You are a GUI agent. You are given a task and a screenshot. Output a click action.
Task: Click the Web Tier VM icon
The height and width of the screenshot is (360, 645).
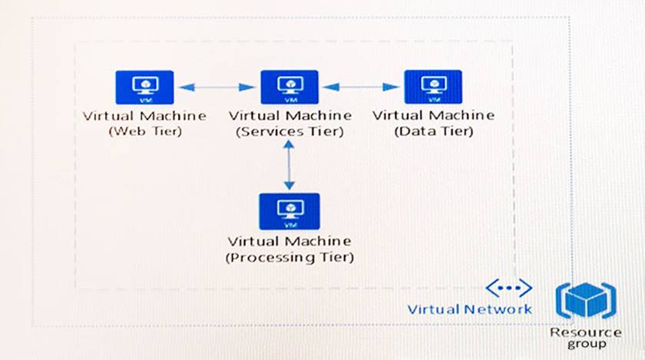tap(144, 88)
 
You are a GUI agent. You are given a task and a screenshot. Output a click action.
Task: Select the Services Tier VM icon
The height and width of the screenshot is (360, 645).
tap(289, 87)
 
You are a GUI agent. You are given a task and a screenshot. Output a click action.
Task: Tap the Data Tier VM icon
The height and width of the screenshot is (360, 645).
tap(433, 87)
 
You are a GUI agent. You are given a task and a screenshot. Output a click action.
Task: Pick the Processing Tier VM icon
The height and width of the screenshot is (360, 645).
tap(289, 211)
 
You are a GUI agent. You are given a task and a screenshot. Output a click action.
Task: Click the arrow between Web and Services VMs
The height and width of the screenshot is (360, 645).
tap(217, 88)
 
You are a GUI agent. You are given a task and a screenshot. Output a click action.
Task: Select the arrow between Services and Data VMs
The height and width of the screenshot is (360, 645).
tap(361, 87)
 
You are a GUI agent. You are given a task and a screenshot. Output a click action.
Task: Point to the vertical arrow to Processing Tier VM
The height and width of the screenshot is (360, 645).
tap(289, 164)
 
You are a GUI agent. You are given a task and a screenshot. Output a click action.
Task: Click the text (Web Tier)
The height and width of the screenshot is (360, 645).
tap(144, 131)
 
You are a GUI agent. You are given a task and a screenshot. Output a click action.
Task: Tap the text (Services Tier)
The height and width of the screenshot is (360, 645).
tap(289, 131)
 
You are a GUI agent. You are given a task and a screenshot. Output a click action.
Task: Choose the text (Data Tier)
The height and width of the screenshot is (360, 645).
tap(433, 131)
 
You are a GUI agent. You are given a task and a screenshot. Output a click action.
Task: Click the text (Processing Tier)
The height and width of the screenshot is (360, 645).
tap(289, 257)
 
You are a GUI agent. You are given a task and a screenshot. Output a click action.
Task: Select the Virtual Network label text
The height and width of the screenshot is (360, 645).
tap(469, 309)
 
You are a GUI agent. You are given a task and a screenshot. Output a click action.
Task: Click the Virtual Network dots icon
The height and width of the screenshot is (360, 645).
tap(509, 289)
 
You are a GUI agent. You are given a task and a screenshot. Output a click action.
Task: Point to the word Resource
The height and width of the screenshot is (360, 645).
tap(586, 332)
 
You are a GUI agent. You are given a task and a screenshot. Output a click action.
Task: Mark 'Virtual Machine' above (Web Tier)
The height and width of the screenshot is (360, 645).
tap(144, 116)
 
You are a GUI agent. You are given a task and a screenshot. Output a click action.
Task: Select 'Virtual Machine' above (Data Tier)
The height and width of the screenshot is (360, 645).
tap(433, 115)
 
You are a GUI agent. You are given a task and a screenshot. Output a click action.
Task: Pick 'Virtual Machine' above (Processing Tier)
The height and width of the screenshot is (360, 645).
tap(289, 242)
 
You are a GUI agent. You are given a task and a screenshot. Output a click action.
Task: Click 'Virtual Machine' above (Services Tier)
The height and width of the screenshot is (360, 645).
tap(289, 116)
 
